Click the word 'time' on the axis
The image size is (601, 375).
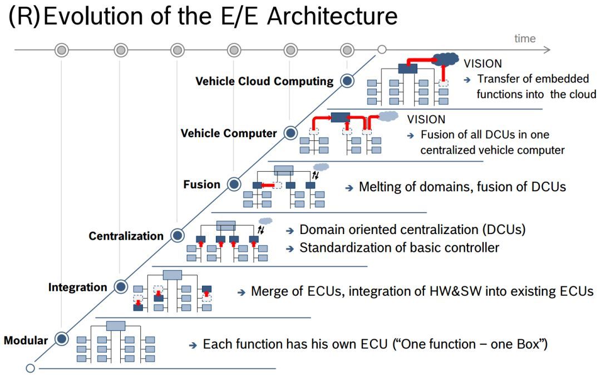525,38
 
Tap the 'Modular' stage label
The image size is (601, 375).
26,340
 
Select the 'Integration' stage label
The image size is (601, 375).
77,288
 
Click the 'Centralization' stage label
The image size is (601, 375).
126,236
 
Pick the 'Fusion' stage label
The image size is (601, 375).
201,184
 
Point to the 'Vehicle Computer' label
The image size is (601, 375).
229,134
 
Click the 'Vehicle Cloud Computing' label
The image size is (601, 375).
264,81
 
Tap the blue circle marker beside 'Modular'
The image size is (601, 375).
62,338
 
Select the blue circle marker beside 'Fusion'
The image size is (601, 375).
234,184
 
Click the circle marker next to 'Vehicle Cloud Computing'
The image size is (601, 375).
347,81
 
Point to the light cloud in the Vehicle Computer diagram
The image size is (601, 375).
388,116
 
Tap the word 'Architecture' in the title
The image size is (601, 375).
332,17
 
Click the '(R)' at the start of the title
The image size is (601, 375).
24,17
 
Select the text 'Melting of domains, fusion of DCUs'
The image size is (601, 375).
462,187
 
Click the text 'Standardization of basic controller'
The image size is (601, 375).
399,247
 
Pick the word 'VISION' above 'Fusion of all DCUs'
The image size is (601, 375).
426,119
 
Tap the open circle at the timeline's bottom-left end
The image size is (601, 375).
30,368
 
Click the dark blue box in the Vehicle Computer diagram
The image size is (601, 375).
339,118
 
